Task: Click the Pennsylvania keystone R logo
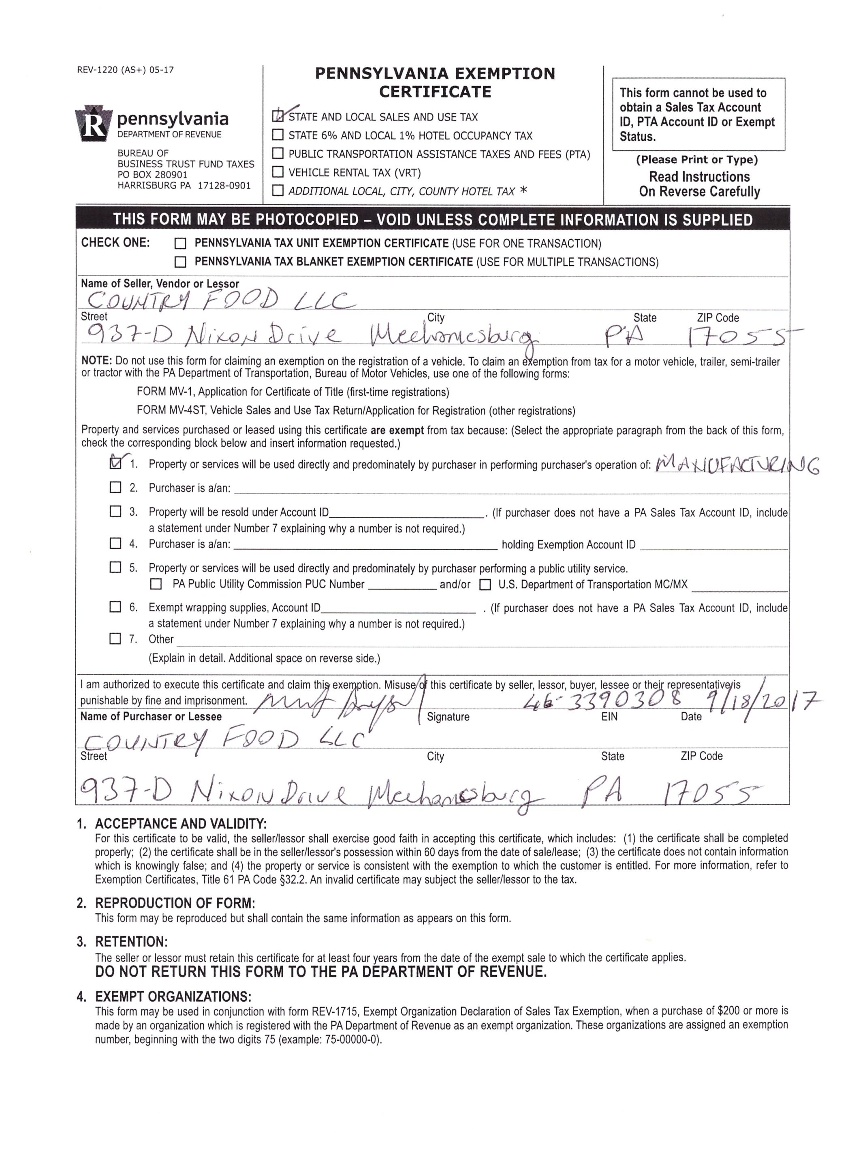(93, 123)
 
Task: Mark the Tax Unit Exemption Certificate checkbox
(180, 244)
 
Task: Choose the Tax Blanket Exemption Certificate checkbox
(180, 262)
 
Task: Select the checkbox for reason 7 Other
(115, 639)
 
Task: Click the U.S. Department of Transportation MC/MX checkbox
(485, 585)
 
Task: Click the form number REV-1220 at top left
(125, 70)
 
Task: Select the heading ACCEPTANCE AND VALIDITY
(180, 824)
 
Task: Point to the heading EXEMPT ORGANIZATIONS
(173, 996)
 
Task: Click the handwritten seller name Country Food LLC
(219, 299)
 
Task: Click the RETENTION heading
(131, 942)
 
